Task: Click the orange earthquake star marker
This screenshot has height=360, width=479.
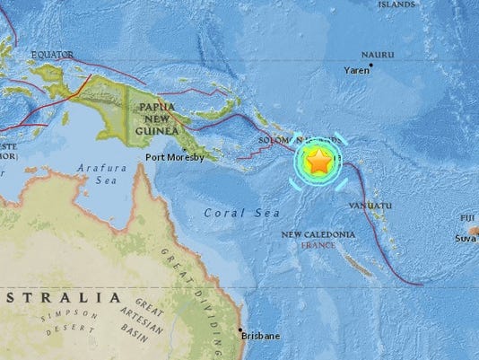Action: (x=318, y=162)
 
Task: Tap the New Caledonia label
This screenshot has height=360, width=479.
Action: (x=318, y=234)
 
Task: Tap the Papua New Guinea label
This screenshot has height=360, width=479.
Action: (x=158, y=121)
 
